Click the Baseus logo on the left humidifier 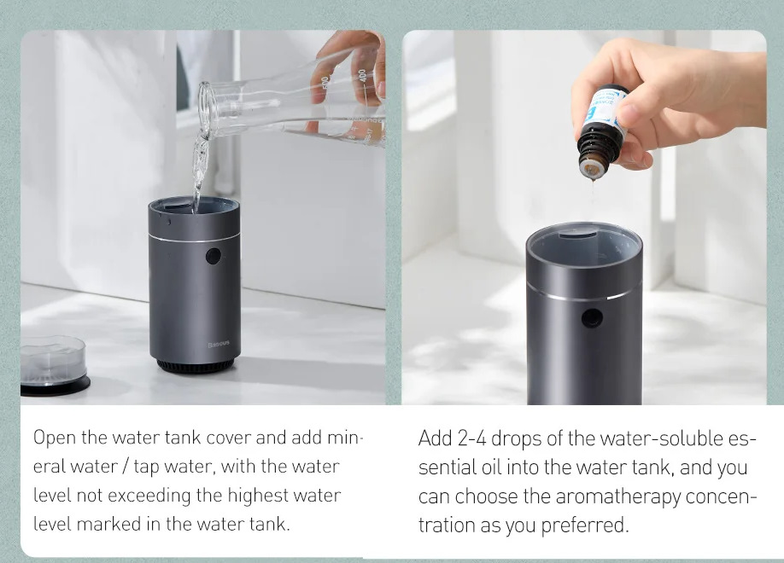pos(219,344)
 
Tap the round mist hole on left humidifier pos(213,256)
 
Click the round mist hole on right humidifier pos(592,317)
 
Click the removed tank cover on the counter pos(53,366)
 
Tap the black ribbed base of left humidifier pos(196,366)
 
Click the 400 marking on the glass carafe pos(362,77)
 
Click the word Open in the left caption pos(55,438)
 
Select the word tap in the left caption pos(145,467)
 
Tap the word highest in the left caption pos(258,496)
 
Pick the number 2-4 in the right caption pos(471,438)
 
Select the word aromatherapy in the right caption pos(618,497)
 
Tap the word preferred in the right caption pos(584,525)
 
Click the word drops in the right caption pos(517,438)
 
